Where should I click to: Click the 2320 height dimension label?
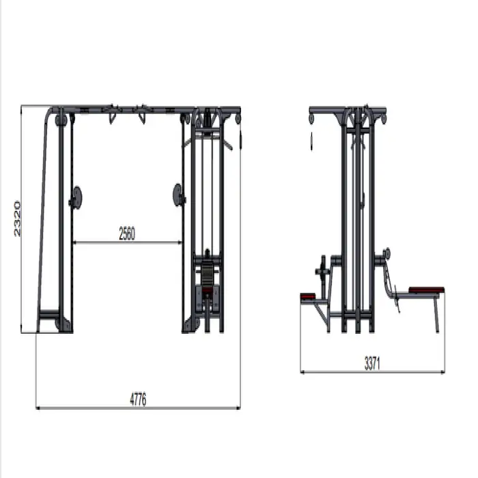17,219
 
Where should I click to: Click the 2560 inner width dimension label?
127,234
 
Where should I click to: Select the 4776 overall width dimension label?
138,399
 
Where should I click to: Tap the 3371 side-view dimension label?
372,363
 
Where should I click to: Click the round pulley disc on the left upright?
76,197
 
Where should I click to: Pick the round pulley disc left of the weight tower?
178,195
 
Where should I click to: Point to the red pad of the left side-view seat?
308,296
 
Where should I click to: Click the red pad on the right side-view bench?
426,290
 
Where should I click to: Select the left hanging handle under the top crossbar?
112,117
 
